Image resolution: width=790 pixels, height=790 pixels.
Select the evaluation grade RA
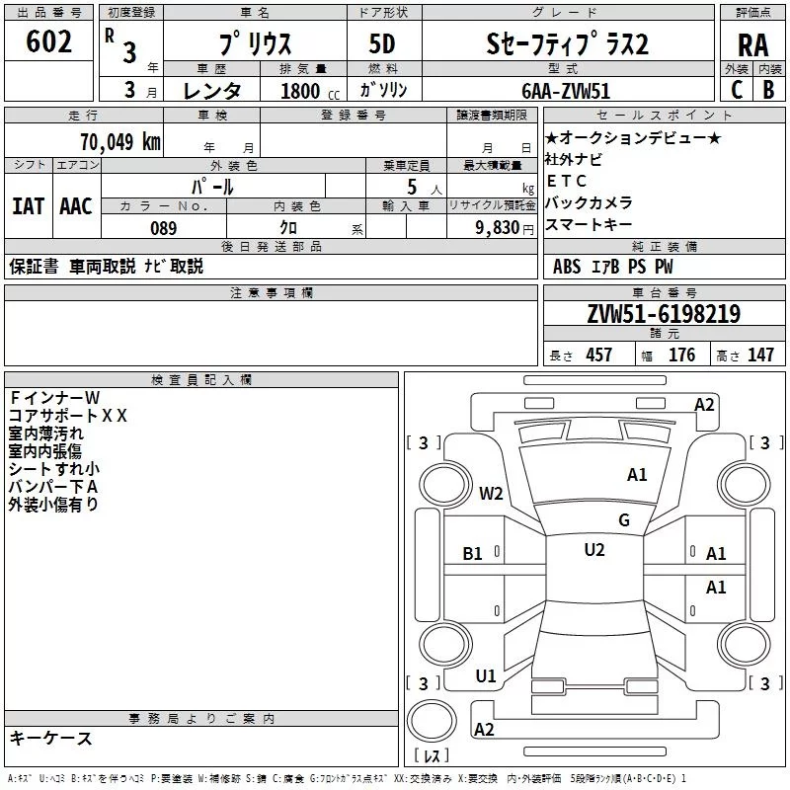pos(752,45)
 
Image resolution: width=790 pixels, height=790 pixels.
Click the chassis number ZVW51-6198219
pos(664,314)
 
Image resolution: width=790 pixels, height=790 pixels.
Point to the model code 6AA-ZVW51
pos(567,89)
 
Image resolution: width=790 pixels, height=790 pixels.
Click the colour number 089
pos(163,228)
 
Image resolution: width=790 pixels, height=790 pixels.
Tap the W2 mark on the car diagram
pos(492,494)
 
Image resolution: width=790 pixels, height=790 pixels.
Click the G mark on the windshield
pos(624,520)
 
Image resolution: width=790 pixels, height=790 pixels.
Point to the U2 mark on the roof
pos(594,549)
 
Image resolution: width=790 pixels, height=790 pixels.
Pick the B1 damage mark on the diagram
pos(473,554)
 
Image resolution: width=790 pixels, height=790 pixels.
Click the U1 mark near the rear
pos(486,676)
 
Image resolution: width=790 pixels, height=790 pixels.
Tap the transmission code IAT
pos(28,206)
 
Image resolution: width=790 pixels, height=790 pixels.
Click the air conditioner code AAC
pos(76,206)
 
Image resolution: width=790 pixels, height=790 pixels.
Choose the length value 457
pos(598,355)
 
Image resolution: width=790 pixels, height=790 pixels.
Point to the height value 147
pos(760,355)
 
